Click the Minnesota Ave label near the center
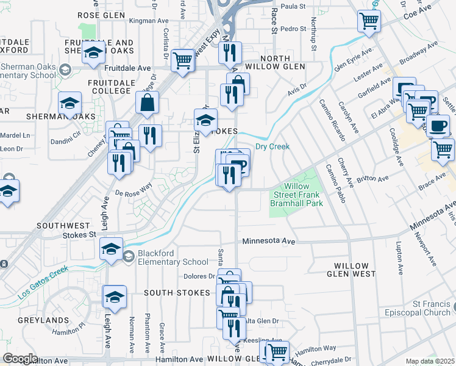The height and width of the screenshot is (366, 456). [x=268, y=242]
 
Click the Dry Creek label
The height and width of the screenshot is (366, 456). [x=271, y=146]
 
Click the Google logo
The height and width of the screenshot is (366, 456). [x=20, y=358]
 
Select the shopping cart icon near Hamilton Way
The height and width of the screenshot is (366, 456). [x=277, y=351]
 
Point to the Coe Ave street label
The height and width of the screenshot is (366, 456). [x=418, y=10]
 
